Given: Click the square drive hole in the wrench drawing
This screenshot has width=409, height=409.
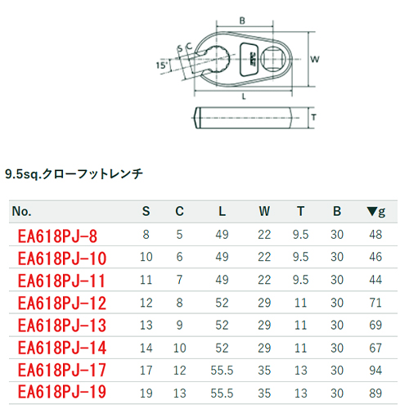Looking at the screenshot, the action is [273, 59].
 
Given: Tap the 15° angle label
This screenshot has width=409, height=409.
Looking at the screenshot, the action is [161, 65].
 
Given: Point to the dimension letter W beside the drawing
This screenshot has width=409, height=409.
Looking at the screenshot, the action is [315, 59].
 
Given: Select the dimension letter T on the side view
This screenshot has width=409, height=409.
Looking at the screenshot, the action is [314, 118].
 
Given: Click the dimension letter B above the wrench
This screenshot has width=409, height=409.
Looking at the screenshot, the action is [242, 20].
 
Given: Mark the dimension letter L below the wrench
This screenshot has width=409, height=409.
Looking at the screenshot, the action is [244, 97].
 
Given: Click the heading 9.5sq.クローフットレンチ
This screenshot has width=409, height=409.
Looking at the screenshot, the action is [74, 174].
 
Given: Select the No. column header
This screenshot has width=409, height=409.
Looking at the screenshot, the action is [21, 211].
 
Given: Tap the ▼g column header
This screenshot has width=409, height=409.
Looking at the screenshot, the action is [376, 212].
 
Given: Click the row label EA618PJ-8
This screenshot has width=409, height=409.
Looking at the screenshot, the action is [57, 236].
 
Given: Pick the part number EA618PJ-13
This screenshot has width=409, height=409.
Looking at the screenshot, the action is [62, 326].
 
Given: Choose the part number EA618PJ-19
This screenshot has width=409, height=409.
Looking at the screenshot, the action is [62, 392].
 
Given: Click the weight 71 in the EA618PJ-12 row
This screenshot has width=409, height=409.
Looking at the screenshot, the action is [375, 303].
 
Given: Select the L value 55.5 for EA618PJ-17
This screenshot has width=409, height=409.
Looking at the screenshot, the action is [222, 371].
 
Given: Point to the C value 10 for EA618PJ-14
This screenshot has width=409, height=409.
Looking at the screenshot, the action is [180, 348].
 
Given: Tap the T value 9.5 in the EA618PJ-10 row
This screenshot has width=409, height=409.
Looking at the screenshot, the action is [300, 257].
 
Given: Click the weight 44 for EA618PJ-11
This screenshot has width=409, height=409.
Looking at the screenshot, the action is [375, 280].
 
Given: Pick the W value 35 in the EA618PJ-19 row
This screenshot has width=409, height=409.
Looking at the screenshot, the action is [264, 393].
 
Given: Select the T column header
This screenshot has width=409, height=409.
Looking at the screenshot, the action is [300, 211].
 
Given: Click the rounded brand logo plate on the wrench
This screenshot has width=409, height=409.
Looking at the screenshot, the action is [249, 59].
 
